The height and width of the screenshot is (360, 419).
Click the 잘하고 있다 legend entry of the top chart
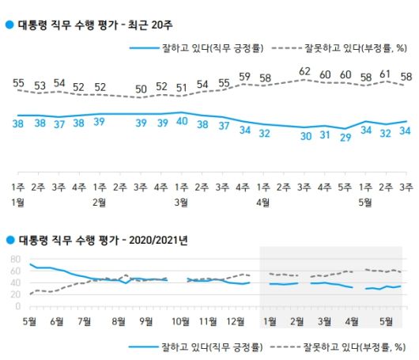tap(198, 48)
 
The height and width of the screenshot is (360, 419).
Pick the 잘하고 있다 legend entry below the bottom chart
tap(198, 346)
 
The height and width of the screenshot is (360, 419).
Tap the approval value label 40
tap(182, 122)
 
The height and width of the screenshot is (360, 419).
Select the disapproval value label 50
tap(142, 88)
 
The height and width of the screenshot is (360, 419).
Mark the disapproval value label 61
tap(386, 74)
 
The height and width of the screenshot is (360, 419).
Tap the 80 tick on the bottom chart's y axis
tap(15, 259)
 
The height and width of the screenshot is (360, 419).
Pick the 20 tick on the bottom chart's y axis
tap(15, 294)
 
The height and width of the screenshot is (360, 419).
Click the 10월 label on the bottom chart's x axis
tap(181, 322)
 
